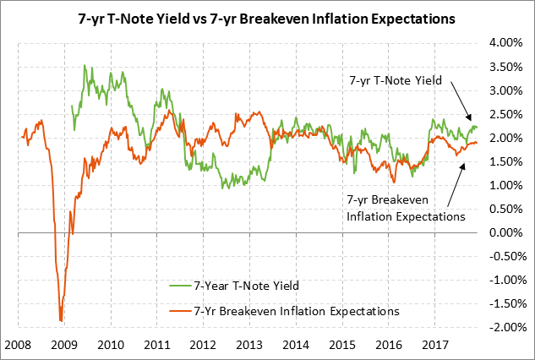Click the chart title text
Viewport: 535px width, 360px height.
(267, 16)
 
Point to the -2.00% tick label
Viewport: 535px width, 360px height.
(504, 327)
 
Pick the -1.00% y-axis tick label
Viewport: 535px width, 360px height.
(504, 280)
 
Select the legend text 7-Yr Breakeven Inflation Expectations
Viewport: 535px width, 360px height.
(296, 311)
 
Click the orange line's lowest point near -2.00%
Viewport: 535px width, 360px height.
(61, 320)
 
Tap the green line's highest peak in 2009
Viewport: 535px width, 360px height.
(84, 66)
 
